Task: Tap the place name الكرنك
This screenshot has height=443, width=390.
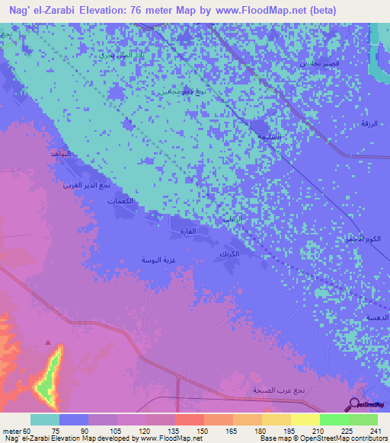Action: point(229,252)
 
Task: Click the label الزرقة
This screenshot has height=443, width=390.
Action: point(368,123)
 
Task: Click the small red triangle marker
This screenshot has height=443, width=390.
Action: point(50,342)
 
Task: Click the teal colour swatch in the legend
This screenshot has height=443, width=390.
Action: point(45,419)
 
